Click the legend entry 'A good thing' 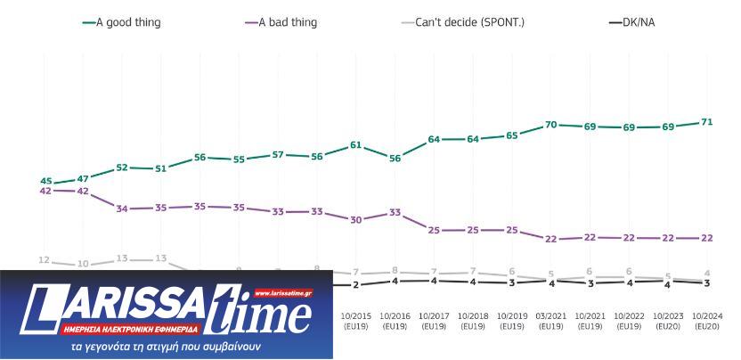click(127, 22)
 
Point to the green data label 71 click(706, 121)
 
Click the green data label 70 click(551, 125)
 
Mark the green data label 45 click(45, 181)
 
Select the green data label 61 click(356, 144)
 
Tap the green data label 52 click(123, 168)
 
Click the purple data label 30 click(356, 219)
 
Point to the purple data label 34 click(123, 209)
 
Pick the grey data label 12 click(44, 259)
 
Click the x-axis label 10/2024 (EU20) click(705, 320)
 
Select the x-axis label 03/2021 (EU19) click(550, 320)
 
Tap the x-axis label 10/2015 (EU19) click(356, 320)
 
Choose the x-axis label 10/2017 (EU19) click(434, 320)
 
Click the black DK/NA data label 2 click(356, 284)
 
